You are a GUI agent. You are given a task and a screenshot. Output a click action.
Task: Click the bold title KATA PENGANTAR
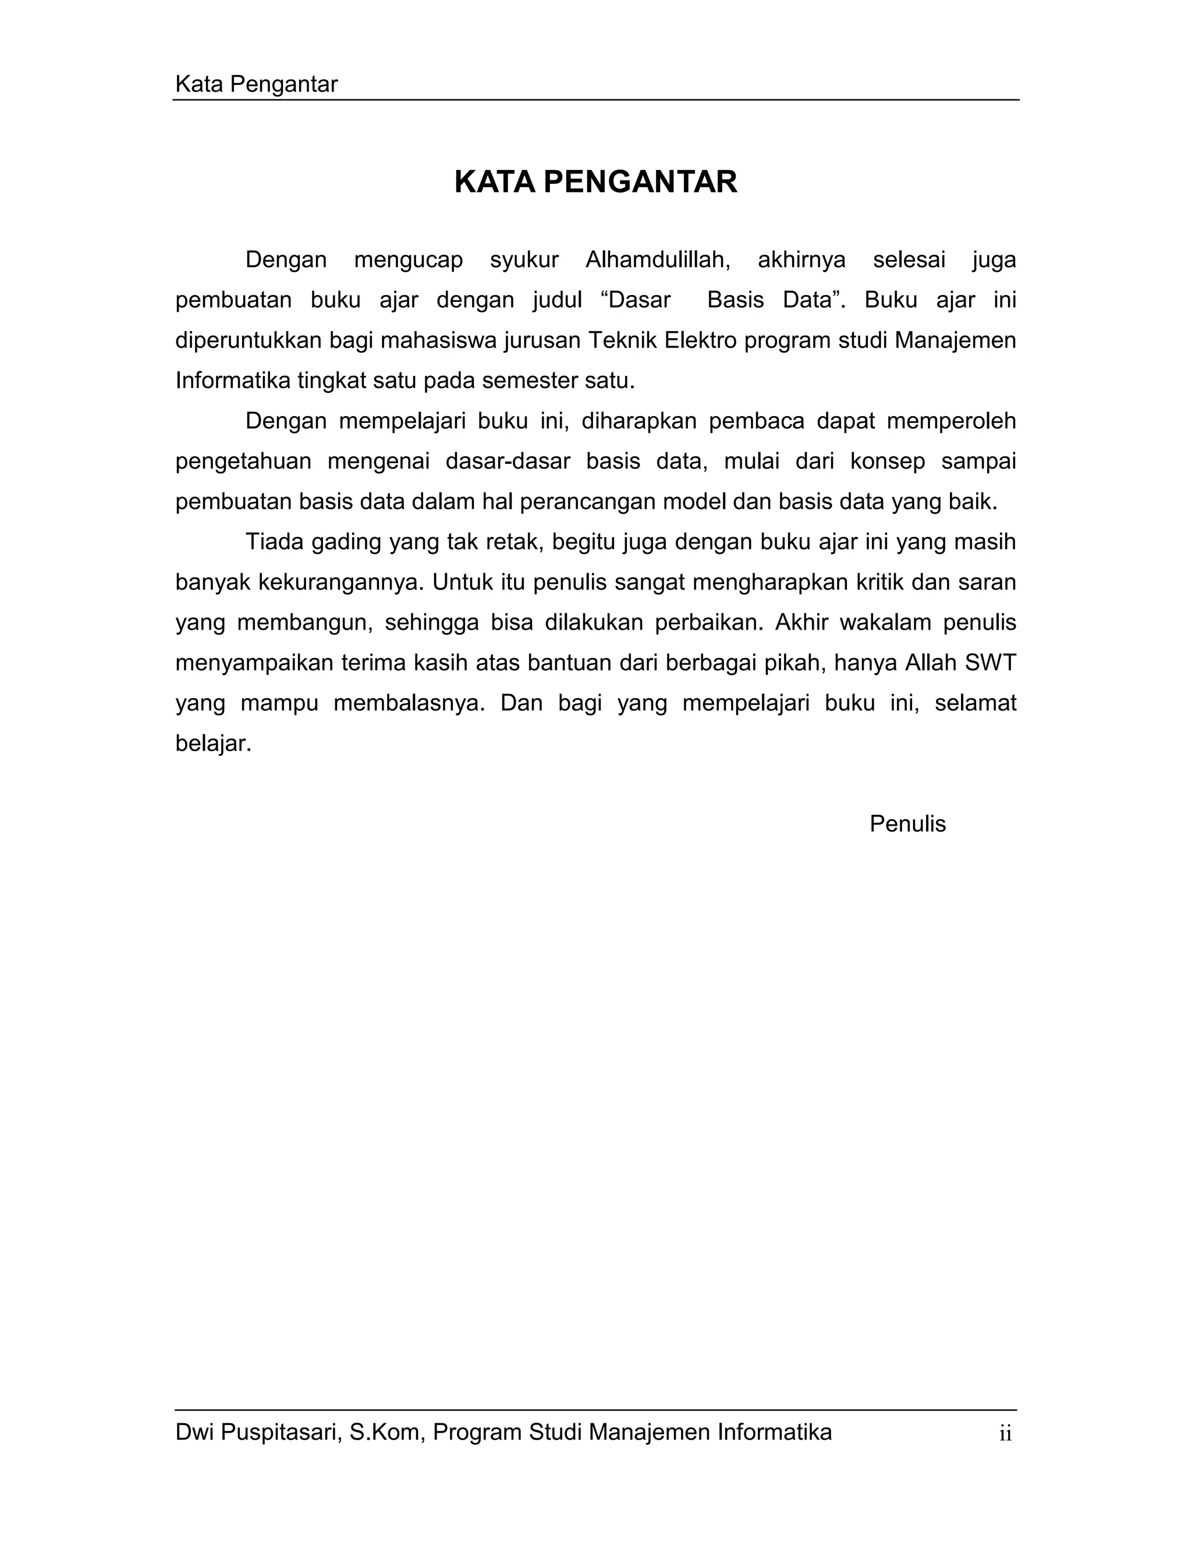pos(595,182)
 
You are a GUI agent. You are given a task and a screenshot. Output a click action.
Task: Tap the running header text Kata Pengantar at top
pos(256,85)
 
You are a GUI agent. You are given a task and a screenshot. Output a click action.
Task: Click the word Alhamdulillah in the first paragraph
pos(658,260)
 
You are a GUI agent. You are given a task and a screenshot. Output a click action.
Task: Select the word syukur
pos(524,261)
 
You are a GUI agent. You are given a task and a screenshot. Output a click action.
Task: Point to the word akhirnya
pos(801,260)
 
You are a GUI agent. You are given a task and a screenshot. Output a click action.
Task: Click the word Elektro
pos(701,340)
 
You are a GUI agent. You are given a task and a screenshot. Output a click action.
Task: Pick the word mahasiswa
pos(439,340)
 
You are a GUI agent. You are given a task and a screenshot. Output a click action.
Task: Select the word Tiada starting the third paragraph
pos(275,542)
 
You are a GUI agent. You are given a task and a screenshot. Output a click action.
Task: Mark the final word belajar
pos(212,744)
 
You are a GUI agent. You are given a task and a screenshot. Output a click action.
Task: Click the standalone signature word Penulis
pos(907,824)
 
